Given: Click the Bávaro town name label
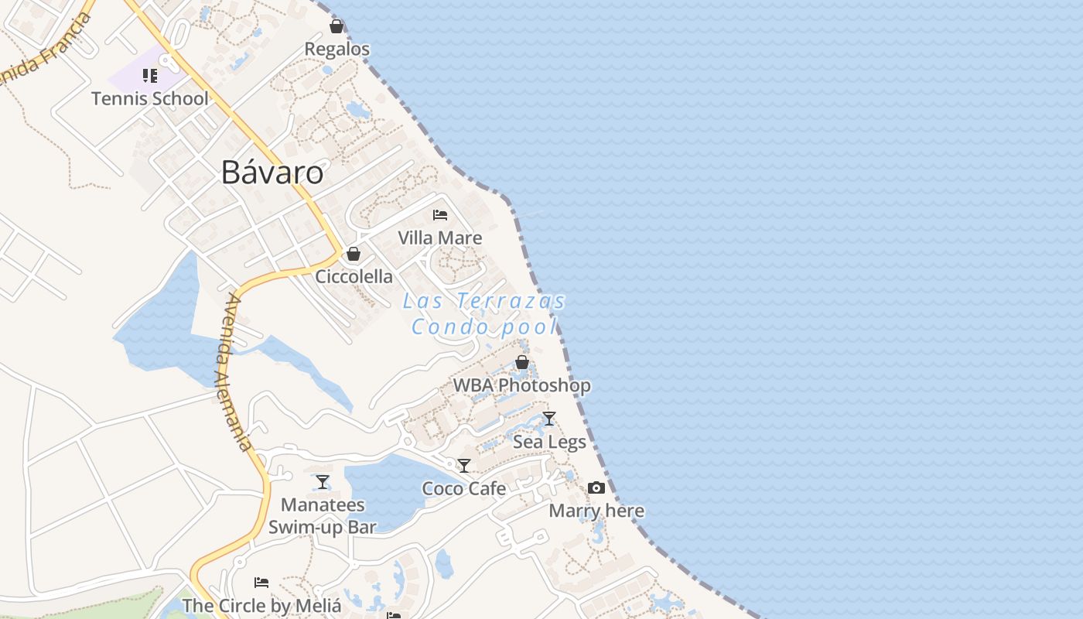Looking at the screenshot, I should click(272, 172).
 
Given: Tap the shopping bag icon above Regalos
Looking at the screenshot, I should click(337, 27).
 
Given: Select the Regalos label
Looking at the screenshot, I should click(337, 49).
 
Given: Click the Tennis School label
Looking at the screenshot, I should click(150, 98).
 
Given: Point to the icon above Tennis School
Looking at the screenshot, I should click(150, 76).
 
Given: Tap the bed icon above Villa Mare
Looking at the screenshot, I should click(440, 215).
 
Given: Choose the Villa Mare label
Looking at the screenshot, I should click(440, 238).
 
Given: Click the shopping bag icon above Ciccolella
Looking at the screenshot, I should click(354, 254).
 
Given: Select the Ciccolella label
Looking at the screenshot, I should click(354, 276).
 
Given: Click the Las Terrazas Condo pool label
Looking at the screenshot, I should click(484, 313).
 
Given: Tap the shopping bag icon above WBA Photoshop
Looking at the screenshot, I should click(522, 362).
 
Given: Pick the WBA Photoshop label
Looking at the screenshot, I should click(522, 385).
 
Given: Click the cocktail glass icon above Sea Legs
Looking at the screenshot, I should click(549, 419).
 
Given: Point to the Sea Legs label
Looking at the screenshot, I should click(549, 442).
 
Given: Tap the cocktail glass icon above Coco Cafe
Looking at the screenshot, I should click(464, 466).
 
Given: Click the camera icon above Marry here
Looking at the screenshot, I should click(596, 487).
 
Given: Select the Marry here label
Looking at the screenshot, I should click(596, 511).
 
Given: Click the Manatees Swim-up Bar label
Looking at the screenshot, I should click(323, 516).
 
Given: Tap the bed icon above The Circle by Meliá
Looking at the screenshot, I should click(261, 583).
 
